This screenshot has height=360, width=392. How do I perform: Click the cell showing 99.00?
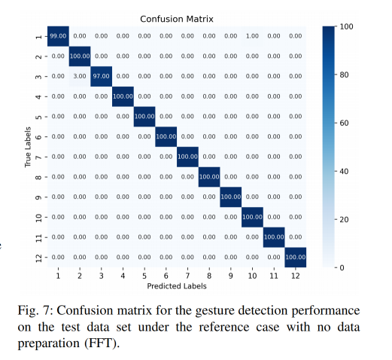coord(58,36)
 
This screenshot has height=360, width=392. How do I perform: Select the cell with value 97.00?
coord(102,76)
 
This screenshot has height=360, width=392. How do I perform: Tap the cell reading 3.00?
coord(80,76)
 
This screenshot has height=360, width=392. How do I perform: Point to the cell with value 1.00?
coord(252,36)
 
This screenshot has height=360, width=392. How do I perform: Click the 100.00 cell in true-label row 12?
coord(296,257)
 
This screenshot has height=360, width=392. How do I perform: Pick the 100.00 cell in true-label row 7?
coord(187,157)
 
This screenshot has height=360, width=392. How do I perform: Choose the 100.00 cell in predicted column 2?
coord(80,56)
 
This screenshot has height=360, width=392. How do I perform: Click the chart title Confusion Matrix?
coord(177,19)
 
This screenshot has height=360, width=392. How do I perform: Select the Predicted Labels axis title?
coord(177,286)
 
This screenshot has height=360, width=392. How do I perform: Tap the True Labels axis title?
coord(28,147)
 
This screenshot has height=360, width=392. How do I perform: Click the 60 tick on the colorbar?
coord(344,123)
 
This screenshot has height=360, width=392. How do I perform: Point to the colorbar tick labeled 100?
coord(346,26)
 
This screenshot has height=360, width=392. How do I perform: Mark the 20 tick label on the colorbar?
coord(344,220)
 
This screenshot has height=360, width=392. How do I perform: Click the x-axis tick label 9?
coord(231,276)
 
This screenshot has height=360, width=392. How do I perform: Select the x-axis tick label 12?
coord(296,276)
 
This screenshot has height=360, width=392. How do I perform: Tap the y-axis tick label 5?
coord(38,117)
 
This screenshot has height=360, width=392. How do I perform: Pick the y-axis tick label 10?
coord(38,217)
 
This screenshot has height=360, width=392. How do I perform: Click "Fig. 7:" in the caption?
coord(35,311)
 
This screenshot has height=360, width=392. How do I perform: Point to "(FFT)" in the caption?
coord(102,343)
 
